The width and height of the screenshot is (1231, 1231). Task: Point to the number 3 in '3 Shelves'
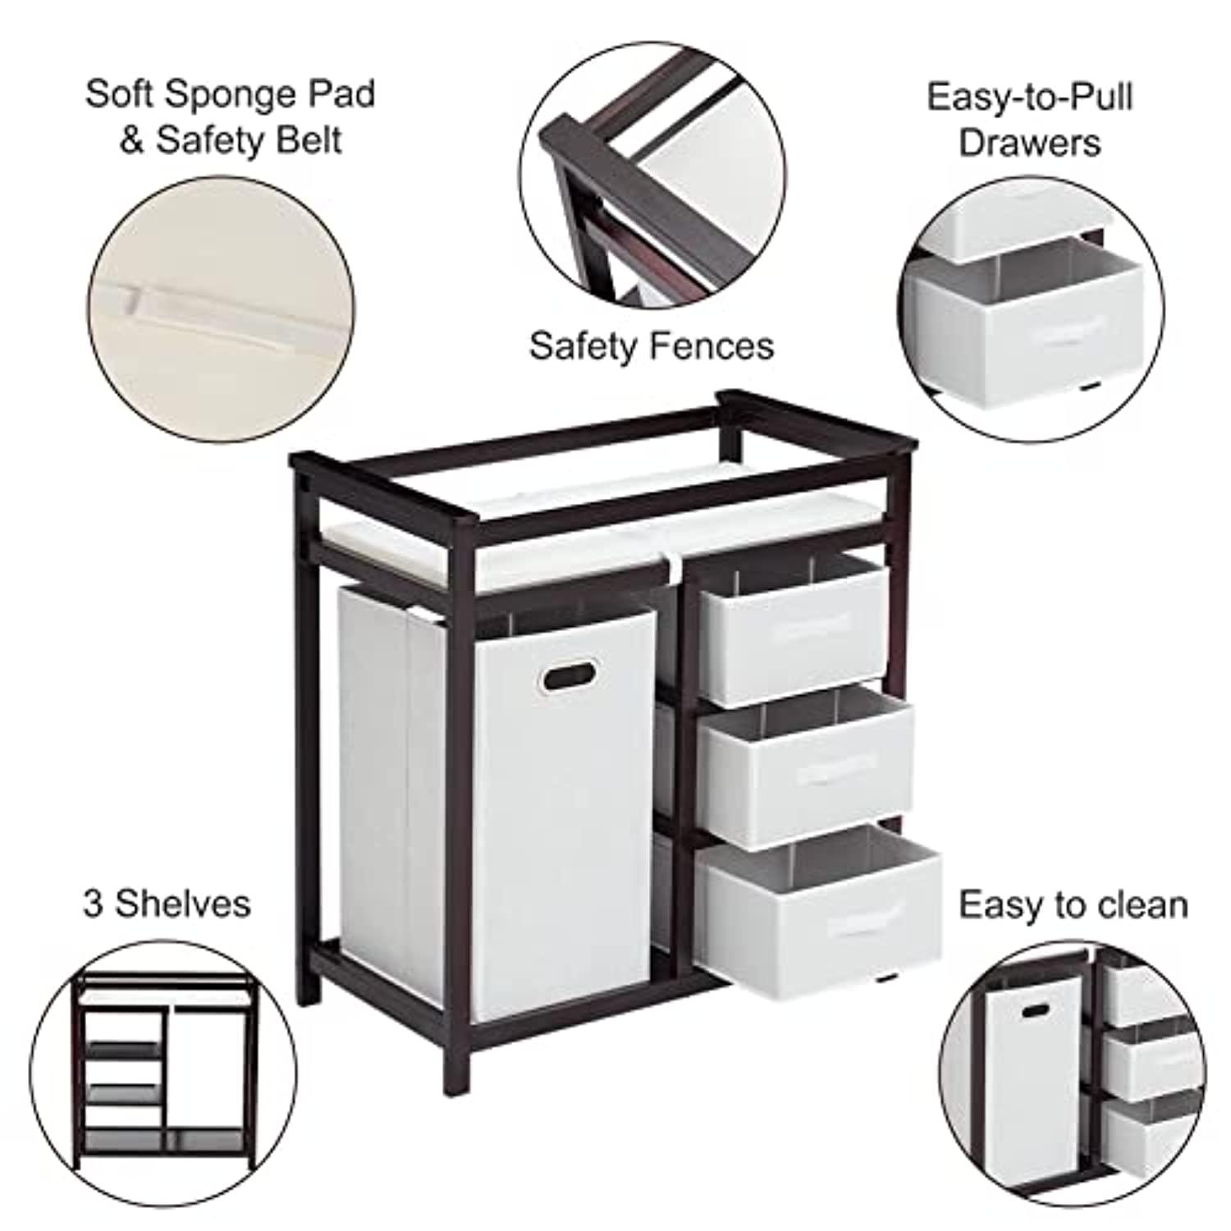94,904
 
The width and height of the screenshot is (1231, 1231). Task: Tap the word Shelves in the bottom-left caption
182,904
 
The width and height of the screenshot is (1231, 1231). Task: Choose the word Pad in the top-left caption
343,94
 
